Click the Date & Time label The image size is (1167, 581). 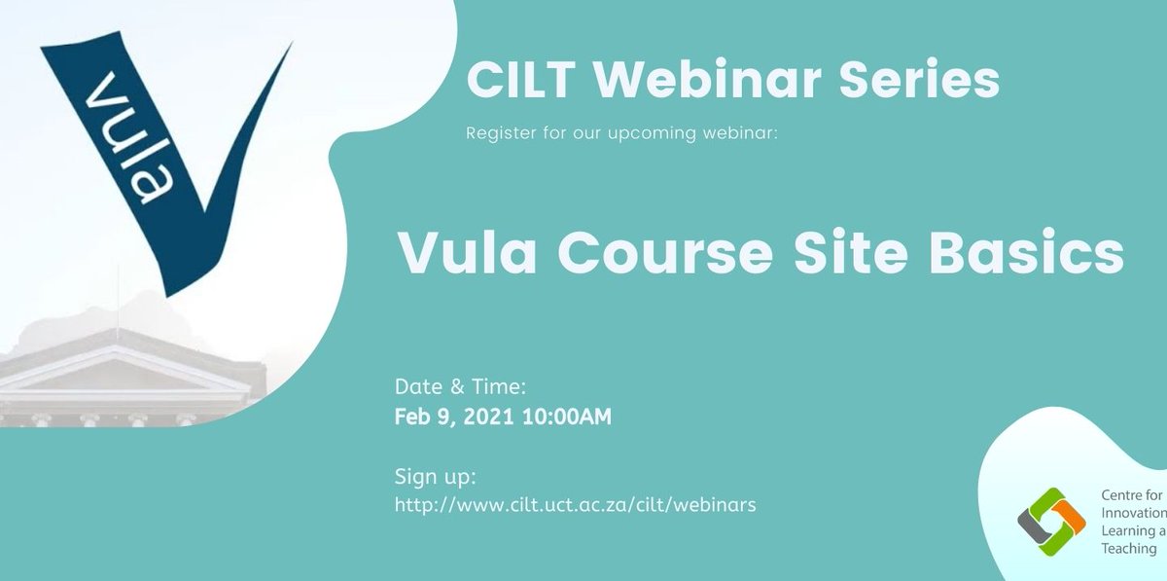pos(460,386)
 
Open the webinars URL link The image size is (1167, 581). pos(575,505)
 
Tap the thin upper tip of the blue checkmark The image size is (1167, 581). pos(286,49)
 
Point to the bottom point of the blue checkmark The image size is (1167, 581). pos(173,290)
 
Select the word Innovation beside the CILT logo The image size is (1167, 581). pos(1133,513)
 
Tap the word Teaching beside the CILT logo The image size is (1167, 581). pos(1128,548)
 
